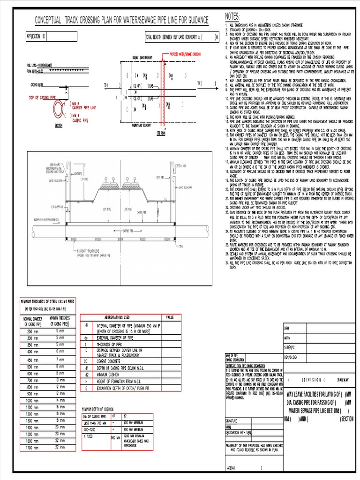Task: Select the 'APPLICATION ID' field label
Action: point(36,36)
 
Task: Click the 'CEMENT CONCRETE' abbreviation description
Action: point(112,361)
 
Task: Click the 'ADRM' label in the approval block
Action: point(288,337)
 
